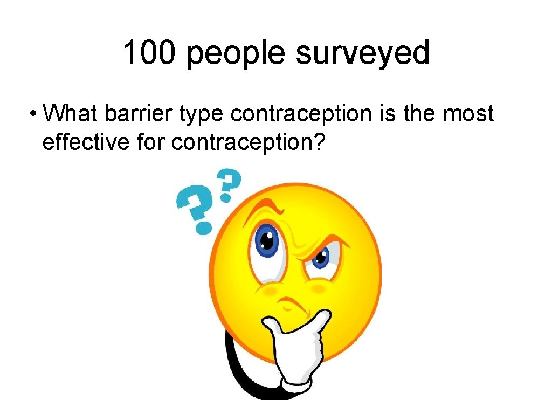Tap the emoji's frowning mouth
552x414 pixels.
click(293, 302)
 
